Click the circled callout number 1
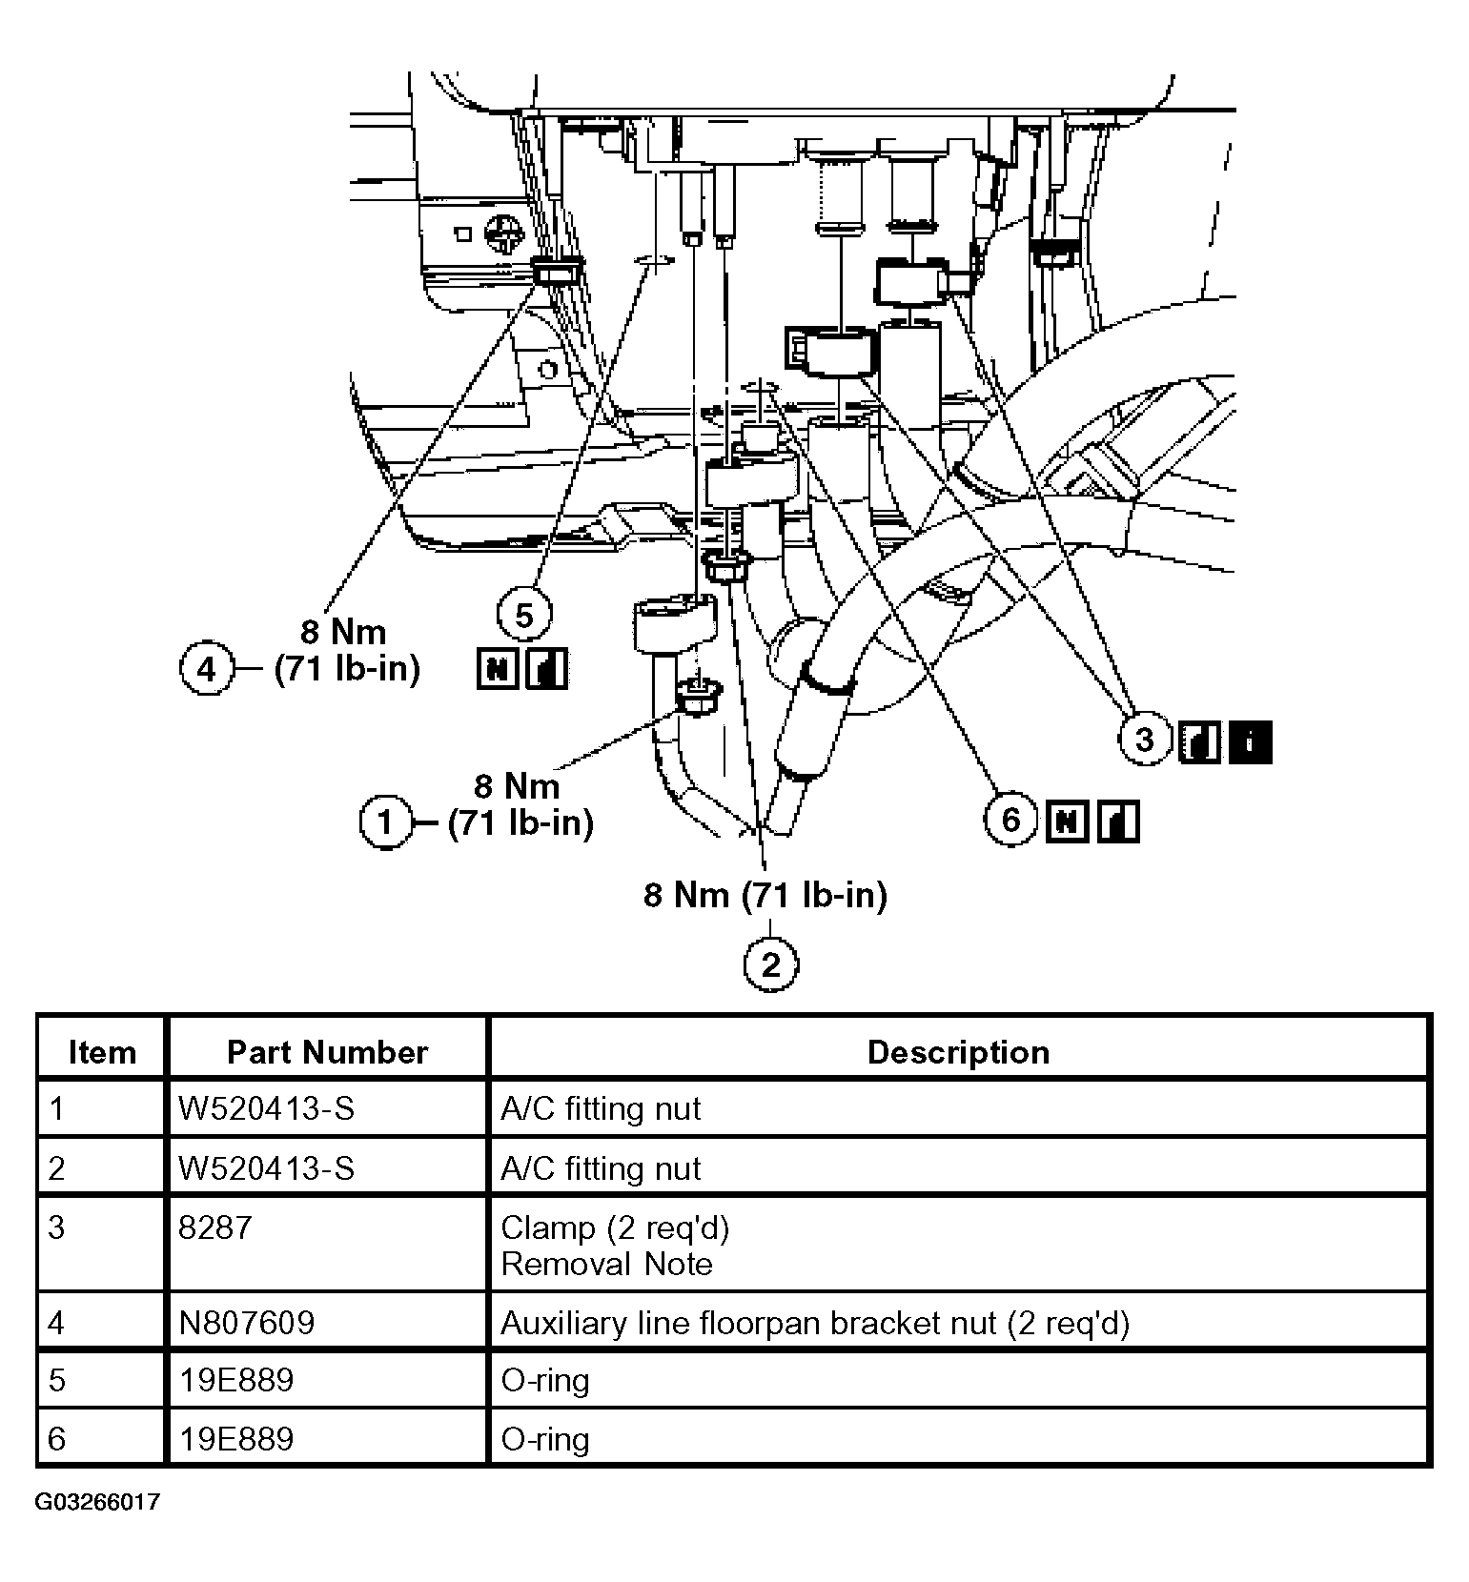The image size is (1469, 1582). pos(385,821)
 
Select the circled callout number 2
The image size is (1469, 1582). pos(770,964)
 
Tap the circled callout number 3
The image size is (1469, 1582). pos(1145,739)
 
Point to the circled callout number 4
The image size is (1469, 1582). pos(207,669)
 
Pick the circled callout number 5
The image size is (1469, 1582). pos(524,617)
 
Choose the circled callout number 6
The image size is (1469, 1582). pos(1010,820)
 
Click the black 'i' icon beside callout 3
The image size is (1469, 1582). pos(1251,740)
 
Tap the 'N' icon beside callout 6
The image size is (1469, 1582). pos(1067,821)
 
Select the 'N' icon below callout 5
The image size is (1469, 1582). pos(497,668)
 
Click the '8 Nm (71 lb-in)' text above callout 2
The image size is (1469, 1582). pos(765,895)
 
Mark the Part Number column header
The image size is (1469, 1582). pos(327,1051)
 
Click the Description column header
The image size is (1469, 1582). pos(958,1051)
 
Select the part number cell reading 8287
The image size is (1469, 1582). pos(215,1227)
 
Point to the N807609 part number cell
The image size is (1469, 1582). pos(246,1323)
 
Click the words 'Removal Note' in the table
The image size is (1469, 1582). pos(606,1265)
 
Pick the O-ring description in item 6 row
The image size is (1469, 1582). pos(545,1439)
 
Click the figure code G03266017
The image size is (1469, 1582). pos(97,1503)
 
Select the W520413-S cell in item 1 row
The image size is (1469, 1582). pos(266,1108)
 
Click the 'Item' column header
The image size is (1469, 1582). pos(102,1051)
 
